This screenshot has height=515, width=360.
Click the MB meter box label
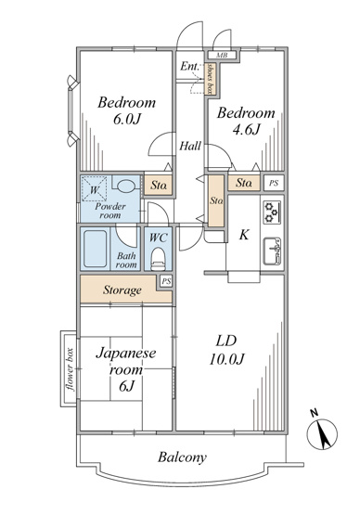coord(222,55)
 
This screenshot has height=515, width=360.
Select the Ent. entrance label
coord(189,66)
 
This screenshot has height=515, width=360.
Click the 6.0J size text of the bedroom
coord(127,119)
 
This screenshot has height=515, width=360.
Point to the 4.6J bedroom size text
coord(246,129)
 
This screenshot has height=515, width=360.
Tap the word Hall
coord(190,146)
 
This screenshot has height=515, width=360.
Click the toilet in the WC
coord(158,259)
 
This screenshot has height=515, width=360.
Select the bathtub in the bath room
coord(96,249)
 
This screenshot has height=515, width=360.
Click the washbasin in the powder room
coord(126,187)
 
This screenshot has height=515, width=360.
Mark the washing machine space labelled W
coord(94,189)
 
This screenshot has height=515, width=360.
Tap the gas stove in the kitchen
coord(272,212)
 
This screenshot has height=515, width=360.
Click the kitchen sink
coord(272,251)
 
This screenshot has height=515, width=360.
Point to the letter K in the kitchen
coord(243,235)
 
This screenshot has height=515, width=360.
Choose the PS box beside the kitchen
coord(274,184)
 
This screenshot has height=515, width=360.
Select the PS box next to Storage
coord(166,281)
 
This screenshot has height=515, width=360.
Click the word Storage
coord(122,290)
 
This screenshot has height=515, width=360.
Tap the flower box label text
coord(70,369)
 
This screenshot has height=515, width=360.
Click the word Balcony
coord(182,457)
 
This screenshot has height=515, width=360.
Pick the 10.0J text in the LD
coord(226,360)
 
